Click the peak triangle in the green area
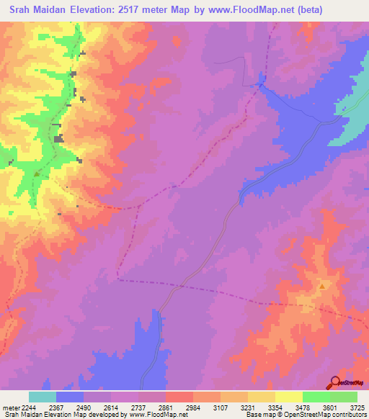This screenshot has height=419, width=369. [37, 174]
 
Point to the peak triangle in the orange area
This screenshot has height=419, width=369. [322, 286]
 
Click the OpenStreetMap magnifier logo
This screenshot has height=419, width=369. [336, 383]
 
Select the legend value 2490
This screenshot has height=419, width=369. [83, 407]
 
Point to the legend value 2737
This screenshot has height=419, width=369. [138, 407]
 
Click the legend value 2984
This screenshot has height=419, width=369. [193, 407]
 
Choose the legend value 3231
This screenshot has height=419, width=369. [248, 407]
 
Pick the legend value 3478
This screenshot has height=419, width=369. [303, 407]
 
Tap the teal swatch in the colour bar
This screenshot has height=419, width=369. [43, 397]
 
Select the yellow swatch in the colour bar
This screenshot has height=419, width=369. [288, 397]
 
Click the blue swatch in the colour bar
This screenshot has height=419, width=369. [70, 397]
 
